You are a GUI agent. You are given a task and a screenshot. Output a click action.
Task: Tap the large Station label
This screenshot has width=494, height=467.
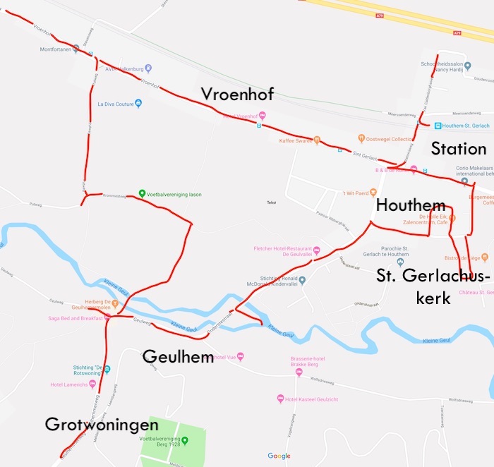tap(459, 149)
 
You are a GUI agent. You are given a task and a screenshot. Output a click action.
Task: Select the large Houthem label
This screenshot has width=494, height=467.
tap(411, 205)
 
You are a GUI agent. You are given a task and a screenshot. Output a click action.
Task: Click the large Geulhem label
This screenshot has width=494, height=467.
tap(178, 357)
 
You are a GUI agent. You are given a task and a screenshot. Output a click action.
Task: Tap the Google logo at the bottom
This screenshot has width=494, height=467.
tap(279, 456)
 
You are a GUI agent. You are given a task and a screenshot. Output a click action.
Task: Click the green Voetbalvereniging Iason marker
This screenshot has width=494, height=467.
tap(142, 193)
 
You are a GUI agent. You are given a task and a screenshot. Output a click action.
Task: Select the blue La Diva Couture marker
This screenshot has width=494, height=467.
tap(138, 104)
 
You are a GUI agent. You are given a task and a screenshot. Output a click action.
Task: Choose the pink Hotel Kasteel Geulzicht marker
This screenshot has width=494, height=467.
tap(280, 399)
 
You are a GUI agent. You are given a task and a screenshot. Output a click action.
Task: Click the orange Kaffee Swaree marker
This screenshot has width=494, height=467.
tap(317, 140)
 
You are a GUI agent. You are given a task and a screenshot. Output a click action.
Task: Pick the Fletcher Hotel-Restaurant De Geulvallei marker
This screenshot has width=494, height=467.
tap(317, 249)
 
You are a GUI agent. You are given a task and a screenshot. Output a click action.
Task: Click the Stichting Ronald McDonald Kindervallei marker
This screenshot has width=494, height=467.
tap(302, 281)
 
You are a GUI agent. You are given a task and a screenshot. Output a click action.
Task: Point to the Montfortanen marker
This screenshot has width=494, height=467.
tap(76, 49)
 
